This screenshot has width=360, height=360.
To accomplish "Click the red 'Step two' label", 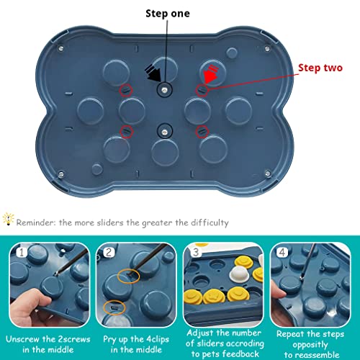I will (321, 68).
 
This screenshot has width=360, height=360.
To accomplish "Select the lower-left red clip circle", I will (127, 131).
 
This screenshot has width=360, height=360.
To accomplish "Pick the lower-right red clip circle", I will (202, 131).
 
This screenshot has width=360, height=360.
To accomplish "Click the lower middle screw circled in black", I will (166, 131).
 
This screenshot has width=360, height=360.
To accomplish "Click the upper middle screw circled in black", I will (166, 89).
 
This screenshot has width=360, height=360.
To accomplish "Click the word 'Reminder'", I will (42, 222).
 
